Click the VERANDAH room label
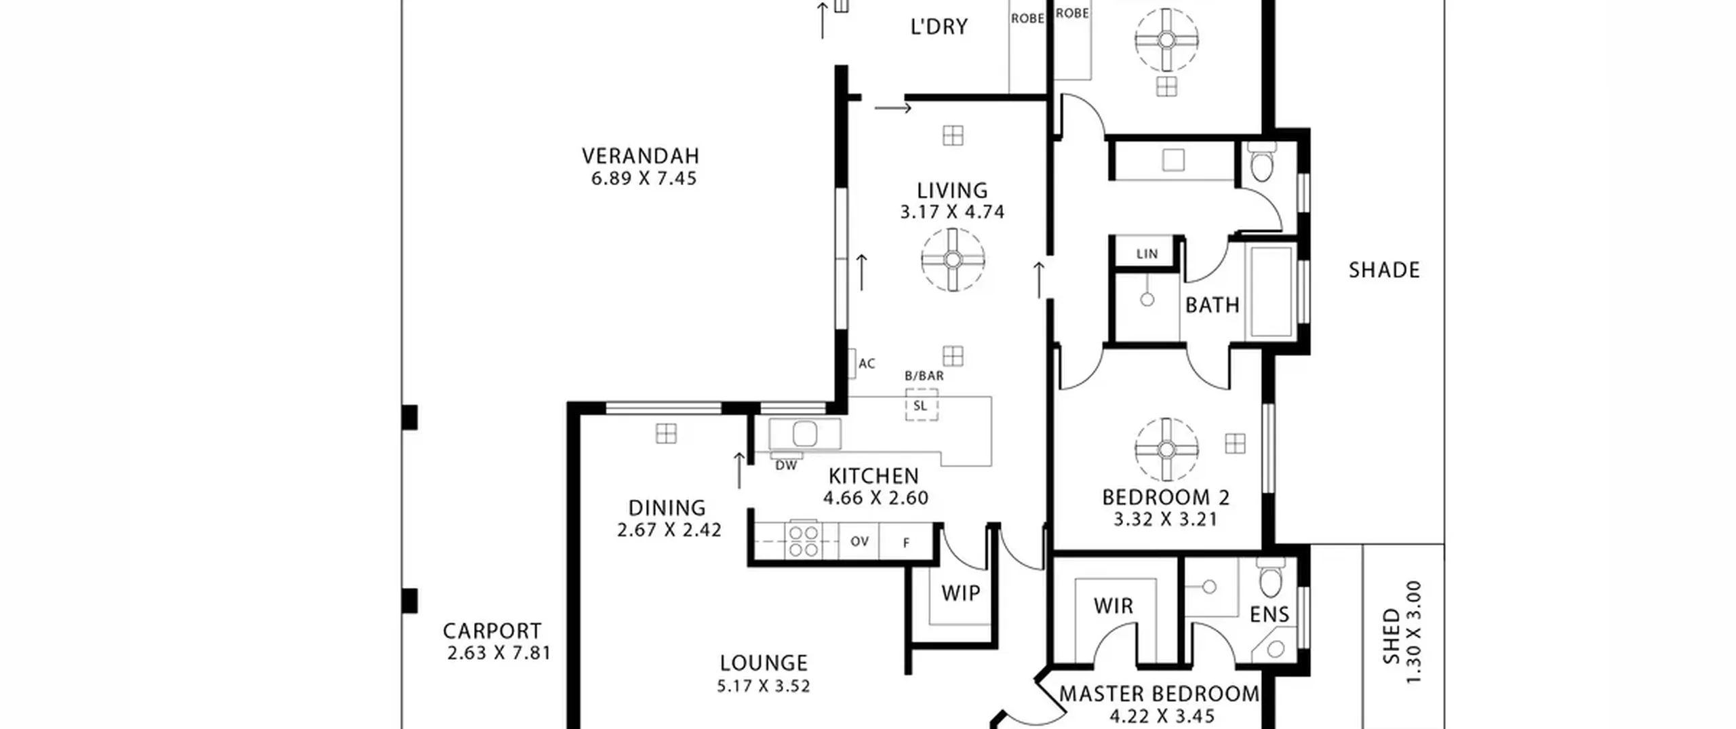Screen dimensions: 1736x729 pyautogui.click(x=640, y=156)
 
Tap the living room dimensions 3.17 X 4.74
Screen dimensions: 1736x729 pyautogui.click(x=952, y=212)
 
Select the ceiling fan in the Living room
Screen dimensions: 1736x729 pyautogui.click(x=953, y=260)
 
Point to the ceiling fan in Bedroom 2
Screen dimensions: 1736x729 pyautogui.click(x=1166, y=449)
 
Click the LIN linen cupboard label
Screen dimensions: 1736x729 pyautogui.click(x=1147, y=254)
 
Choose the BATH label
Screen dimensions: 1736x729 pyautogui.click(x=1212, y=305)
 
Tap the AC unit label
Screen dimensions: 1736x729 pyautogui.click(x=867, y=364)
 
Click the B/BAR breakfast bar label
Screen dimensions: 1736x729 pyautogui.click(x=924, y=376)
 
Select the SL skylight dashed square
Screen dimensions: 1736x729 pyautogui.click(x=922, y=405)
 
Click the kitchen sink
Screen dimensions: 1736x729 pyautogui.click(x=805, y=434)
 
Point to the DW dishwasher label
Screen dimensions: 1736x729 pyautogui.click(x=786, y=466)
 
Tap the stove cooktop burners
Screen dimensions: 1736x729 pyautogui.click(x=804, y=541)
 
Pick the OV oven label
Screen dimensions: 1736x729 pyautogui.click(x=859, y=542)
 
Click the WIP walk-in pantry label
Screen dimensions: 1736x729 pyautogui.click(x=961, y=593)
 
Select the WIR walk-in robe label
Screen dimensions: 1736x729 pyautogui.click(x=1113, y=606)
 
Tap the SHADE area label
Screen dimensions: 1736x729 pyautogui.click(x=1384, y=271)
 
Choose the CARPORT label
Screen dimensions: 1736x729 pyautogui.click(x=492, y=631)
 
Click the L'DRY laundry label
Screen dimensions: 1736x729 pyautogui.click(x=939, y=27)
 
